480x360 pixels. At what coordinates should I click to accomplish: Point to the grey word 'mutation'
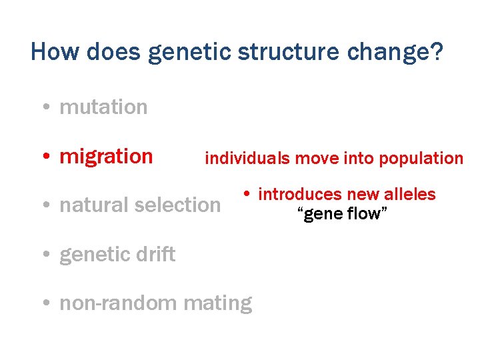pos(103,107)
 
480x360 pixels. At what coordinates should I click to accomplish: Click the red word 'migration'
pos(106,156)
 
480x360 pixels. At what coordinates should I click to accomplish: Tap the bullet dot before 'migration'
pos(45,157)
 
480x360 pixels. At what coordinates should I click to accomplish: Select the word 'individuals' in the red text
pos(247,158)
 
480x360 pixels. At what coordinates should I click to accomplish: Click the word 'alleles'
pos(411,195)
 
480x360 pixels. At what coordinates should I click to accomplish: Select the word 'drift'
pos(157,254)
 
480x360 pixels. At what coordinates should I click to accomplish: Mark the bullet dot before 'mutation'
pos(45,108)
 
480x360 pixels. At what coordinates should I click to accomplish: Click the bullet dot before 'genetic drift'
pos(45,255)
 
